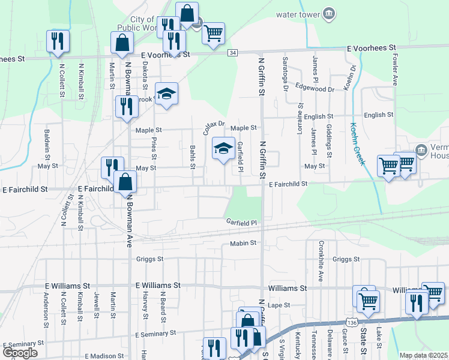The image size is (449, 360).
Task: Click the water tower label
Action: click(x=297, y=14)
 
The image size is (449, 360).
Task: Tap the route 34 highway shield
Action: click(x=232, y=53)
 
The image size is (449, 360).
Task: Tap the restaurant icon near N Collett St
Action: click(x=58, y=41)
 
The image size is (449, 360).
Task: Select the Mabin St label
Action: click(x=243, y=243)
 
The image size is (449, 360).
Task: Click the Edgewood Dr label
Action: click(x=315, y=89)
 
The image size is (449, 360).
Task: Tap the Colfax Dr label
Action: click(x=213, y=126)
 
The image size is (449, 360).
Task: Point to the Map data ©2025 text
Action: click(x=423, y=355)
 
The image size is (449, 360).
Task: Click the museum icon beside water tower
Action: click(x=328, y=14)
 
